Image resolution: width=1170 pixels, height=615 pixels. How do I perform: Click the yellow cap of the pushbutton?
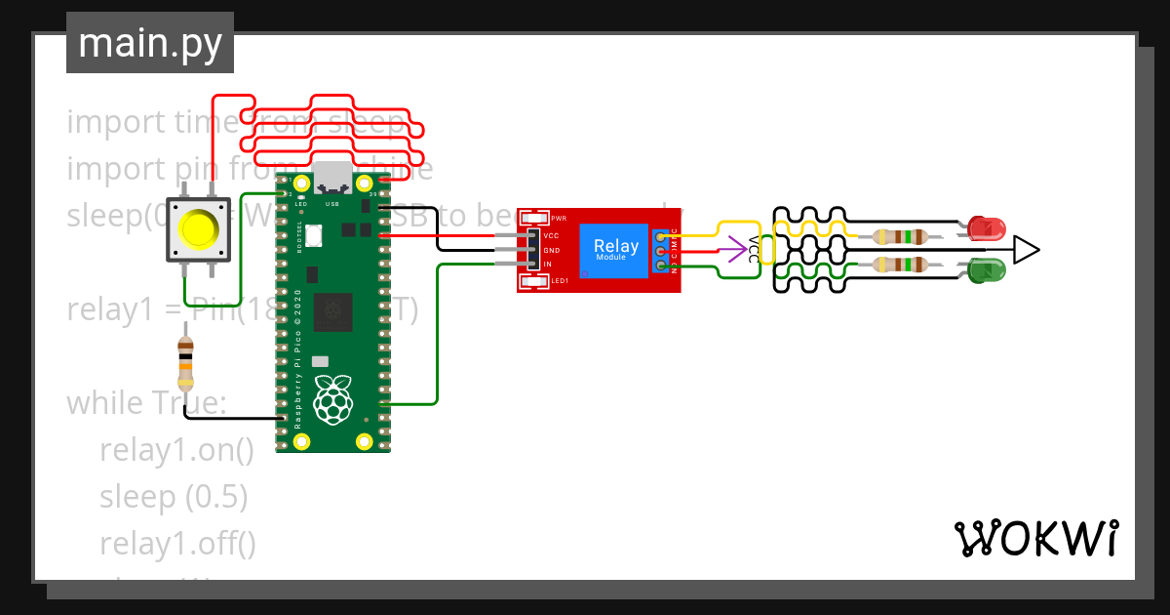[x=199, y=230]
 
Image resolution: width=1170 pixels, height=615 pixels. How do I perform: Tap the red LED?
[x=988, y=229]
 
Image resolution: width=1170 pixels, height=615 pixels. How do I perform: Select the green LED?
[x=988, y=268]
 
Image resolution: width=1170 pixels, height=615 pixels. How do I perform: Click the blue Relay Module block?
[x=616, y=249]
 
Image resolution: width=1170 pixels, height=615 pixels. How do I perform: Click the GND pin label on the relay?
[x=551, y=250]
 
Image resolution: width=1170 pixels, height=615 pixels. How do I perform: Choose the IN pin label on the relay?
[x=548, y=265]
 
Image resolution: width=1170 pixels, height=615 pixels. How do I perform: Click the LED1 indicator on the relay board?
[x=534, y=281]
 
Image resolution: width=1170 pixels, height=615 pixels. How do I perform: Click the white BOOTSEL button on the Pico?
[x=313, y=235]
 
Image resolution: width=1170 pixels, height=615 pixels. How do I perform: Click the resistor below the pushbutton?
[x=185, y=363]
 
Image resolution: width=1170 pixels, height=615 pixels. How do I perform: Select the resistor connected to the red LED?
[x=899, y=236]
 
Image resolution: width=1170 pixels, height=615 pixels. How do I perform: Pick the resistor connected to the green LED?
[x=899, y=265]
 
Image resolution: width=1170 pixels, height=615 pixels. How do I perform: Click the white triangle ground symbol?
[x=1026, y=250]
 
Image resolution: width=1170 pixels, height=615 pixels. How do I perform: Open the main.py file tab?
[x=150, y=43]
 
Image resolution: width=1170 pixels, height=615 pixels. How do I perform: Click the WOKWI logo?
[x=1035, y=538]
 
